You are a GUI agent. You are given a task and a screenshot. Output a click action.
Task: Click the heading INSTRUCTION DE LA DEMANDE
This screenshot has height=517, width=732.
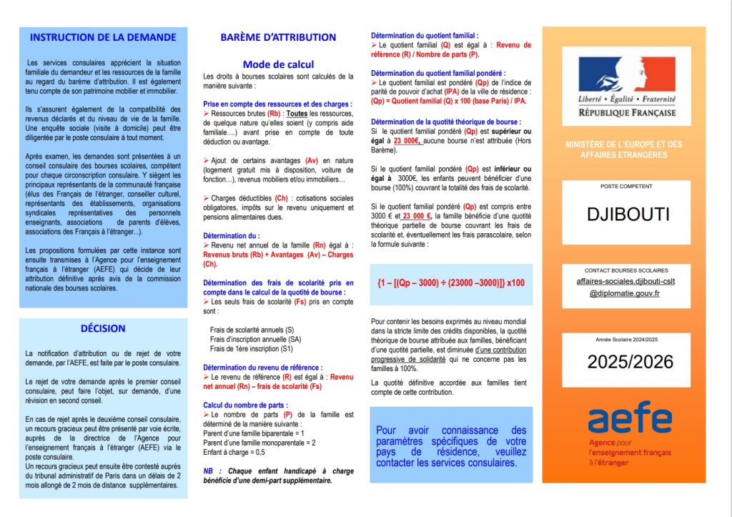[x=104, y=36]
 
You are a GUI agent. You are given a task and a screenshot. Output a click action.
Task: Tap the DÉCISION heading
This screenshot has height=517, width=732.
[x=103, y=328]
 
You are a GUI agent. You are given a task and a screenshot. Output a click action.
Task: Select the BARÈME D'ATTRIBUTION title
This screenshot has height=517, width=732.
[x=278, y=37]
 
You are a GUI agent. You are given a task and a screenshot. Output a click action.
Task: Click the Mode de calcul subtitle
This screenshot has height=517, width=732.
[x=278, y=64]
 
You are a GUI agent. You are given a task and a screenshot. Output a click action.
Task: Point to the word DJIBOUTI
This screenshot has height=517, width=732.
[x=626, y=214]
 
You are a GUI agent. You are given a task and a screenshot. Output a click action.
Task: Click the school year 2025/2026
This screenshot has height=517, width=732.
[x=630, y=362]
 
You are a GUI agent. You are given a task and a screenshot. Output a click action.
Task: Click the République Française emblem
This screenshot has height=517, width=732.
[x=626, y=86]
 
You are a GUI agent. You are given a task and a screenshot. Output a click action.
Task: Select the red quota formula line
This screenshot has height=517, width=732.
[x=451, y=282]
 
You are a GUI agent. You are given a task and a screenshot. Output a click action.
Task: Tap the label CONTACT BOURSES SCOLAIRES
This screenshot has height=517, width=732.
[x=626, y=270]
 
